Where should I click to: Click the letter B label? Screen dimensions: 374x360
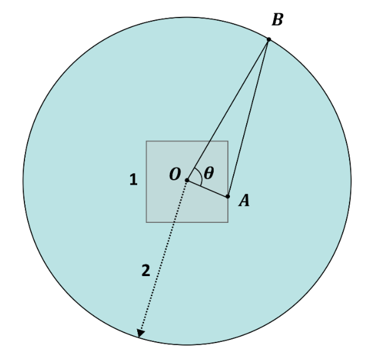coord(278,19)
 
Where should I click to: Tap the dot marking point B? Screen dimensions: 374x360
coord(269,39)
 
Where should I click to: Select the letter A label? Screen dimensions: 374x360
coord(244,200)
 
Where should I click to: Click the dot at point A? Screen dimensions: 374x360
coord(228,197)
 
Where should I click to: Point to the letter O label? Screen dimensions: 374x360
coord(175,174)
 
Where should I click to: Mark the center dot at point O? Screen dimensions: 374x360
coord(187,180)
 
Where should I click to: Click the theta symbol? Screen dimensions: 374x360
coord(209,173)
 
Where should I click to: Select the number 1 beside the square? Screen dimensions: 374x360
coord(133,180)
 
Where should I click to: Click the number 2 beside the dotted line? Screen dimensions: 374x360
coord(146,270)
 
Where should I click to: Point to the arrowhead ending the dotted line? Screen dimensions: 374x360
coord(140,333)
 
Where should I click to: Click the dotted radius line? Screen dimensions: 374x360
coord(164,257)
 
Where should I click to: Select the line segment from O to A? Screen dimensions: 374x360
coord(207,188)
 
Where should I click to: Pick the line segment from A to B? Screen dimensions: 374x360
coord(248,118)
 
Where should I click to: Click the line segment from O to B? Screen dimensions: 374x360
coord(228,110)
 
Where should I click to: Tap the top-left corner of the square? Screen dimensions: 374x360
coord(147,141)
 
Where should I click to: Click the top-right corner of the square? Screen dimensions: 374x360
coord(228,141)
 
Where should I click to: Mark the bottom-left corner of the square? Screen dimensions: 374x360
coord(147,222)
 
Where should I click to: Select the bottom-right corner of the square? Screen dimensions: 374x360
coord(228,222)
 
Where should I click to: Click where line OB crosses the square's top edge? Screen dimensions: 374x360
coord(210,141)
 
